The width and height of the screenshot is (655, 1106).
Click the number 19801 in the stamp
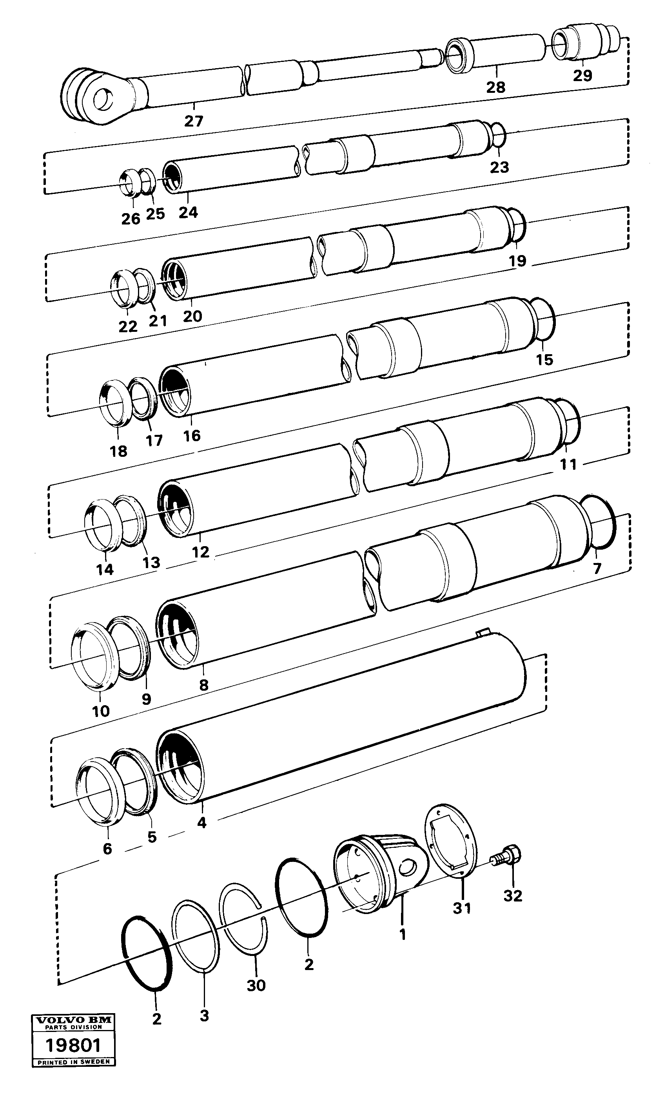pos(73,1046)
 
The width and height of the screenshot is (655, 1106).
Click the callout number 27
pos(193,121)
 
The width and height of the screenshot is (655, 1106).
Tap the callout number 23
pos(499,167)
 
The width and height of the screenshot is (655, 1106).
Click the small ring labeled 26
pos(129,183)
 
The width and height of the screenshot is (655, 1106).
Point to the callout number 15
pos(544,360)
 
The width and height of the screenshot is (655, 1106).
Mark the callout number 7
pos(597,568)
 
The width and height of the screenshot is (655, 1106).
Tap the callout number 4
pos(202,822)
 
